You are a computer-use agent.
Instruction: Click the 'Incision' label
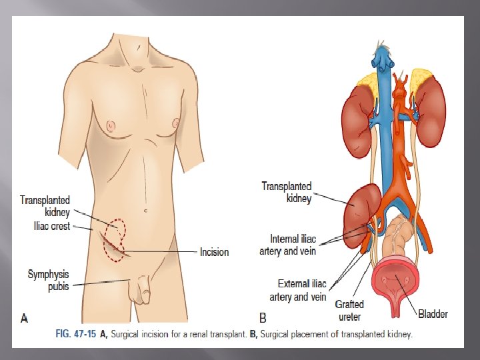pos(214,252)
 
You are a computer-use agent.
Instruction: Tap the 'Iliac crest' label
pos(51,227)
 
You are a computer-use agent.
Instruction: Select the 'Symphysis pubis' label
pos(49,279)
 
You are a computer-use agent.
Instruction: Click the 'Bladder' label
pos(433,313)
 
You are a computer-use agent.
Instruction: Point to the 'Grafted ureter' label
pos(349,310)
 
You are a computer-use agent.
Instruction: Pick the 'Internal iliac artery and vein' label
pos(288,245)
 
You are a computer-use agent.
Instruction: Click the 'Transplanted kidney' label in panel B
pos(286,192)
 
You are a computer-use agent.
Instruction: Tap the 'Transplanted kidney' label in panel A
pos(45,205)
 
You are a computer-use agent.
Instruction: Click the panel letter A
pos(25,318)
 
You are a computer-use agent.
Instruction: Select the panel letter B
pos(263,318)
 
